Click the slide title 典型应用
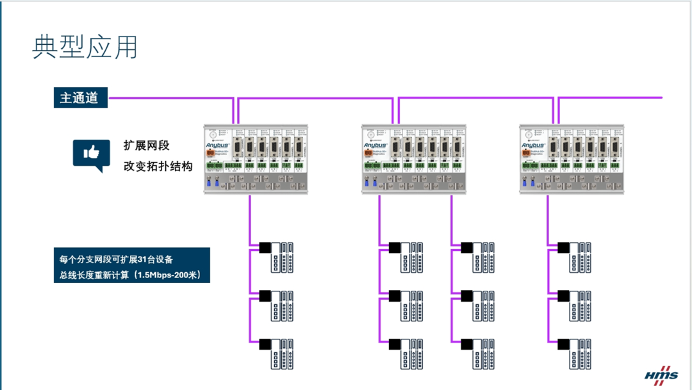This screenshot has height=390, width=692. pyautogui.click(x=85, y=47)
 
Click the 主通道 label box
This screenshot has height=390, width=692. pyautogui.click(x=79, y=98)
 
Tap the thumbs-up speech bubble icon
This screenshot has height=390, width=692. pyautogui.click(x=91, y=154)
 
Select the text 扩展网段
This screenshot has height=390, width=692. pyautogui.click(x=147, y=146)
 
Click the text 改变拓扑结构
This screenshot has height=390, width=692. pyautogui.click(x=158, y=166)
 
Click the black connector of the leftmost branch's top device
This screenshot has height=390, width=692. pyautogui.click(x=264, y=247)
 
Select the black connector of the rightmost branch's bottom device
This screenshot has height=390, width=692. pyautogui.click(x=563, y=345)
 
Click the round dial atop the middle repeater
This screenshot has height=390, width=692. pyautogui.click(x=371, y=134)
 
